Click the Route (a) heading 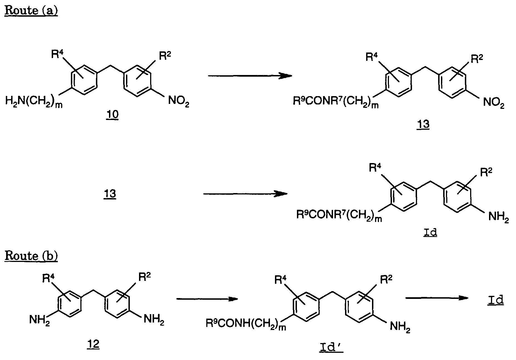[31, 11]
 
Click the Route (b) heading [31, 256]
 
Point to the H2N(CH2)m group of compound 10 [34, 102]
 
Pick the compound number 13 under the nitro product [423, 124]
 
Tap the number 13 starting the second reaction [110, 193]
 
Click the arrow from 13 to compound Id [245, 194]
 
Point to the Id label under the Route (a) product [430, 232]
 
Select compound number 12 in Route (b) [93, 344]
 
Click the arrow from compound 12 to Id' [207, 299]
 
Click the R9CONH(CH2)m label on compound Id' [246, 324]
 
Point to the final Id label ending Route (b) [495, 300]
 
